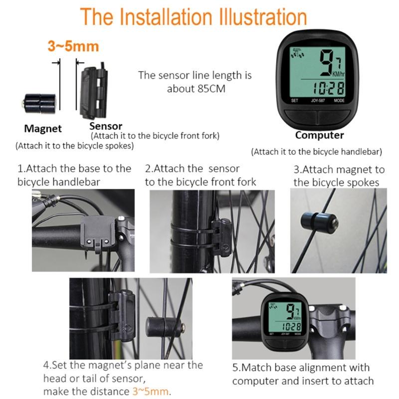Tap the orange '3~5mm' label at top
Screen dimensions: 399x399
(73, 47)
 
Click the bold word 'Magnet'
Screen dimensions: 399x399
(43, 129)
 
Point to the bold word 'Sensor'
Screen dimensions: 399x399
(105, 126)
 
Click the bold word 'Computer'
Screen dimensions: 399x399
(319, 135)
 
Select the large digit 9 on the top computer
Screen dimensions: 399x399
(327, 62)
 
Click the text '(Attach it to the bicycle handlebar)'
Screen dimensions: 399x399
(316, 151)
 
